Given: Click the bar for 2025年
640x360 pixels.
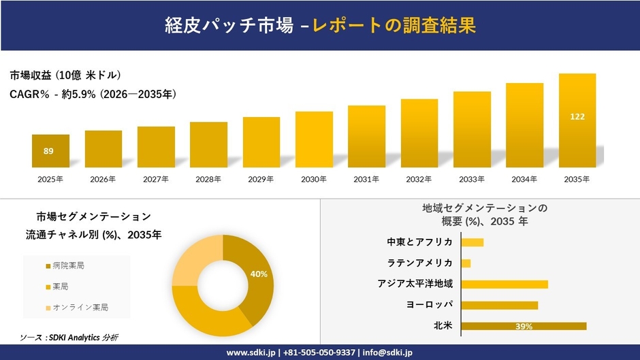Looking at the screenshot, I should tap(50, 151).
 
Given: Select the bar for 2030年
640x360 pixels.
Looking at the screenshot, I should tap(314, 140).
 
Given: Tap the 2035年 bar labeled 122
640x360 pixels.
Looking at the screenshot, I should tap(577, 120).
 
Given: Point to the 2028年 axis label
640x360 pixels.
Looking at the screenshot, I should tap(208, 180).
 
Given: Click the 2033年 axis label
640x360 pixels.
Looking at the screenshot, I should tap(472, 180).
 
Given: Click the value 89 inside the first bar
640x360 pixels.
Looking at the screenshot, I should tap(48, 151).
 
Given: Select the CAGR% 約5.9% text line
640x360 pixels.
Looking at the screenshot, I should tap(93, 95).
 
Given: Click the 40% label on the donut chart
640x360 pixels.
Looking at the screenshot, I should tap(259, 274).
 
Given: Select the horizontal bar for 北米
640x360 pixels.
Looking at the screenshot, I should tap(524, 327).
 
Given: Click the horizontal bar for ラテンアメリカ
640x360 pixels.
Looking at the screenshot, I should tap(466, 263).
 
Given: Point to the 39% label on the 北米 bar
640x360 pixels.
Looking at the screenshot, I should tap(524, 327).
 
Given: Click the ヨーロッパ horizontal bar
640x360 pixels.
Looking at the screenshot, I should tap(499, 306).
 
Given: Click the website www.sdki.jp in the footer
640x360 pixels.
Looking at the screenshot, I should tap(251, 353).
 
